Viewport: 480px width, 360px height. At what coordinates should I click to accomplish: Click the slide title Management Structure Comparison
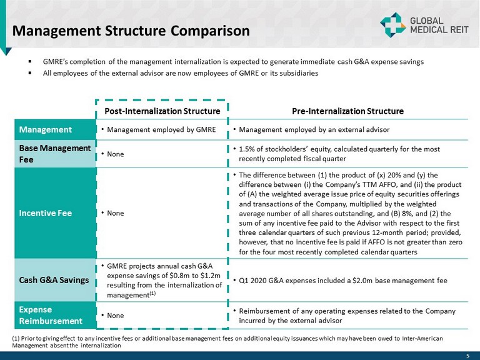tap(131, 30)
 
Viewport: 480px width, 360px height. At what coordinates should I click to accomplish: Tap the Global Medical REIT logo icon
tap(392, 25)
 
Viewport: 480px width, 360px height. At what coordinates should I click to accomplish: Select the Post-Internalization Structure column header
tap(161, 111)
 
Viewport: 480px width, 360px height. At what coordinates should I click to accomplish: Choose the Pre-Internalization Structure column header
tap(347, 111)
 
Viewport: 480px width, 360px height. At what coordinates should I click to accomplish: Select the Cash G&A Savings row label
tap(53, 280)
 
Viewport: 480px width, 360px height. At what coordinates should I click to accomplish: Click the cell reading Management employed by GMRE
tap(161, 130)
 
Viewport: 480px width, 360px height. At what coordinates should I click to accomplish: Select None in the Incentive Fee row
tap(116, 213)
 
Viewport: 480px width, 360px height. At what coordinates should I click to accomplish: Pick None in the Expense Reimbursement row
tap(116, 316)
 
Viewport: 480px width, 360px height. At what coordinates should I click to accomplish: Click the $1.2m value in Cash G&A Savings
tap(204, 275)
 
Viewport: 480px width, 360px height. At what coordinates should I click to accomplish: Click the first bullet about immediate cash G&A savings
tap(233, 62)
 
